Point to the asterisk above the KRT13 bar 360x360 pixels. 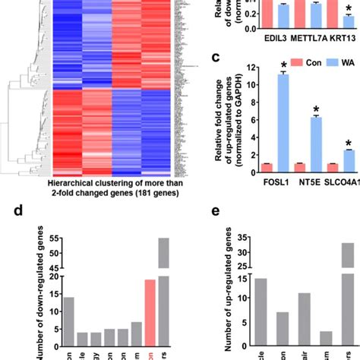(x=349, y=15)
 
